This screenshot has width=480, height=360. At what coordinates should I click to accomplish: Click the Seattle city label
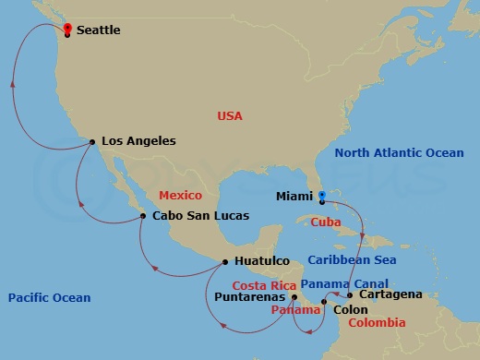tap(98, 30)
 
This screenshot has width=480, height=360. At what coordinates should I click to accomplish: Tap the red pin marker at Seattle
tap(67, 29)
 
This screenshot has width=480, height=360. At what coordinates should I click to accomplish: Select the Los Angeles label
tap(138, 141)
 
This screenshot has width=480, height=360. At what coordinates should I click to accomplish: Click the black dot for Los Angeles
tap(92, 141)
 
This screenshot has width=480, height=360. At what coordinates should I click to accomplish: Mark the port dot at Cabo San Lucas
tap(143, 216)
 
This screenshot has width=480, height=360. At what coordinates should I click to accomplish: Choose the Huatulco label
tap(262, 261)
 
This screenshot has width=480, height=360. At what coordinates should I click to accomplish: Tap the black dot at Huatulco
tap(225, 261)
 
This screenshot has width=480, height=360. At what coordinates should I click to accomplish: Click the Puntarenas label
tap(251, 297)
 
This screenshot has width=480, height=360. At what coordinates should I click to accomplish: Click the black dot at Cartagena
tap(350, 295)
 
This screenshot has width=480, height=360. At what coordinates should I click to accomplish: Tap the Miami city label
tap(294, 196)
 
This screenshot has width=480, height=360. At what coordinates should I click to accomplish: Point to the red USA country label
tap(230, 116)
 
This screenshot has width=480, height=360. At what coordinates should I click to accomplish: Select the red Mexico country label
tap(180, 196)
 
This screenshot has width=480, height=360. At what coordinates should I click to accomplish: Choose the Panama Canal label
tap(344, 283)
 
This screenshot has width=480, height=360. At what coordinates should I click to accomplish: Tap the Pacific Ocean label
tap(49, 297)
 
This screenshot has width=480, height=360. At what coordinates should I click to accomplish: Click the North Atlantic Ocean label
tap(399, 153)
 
